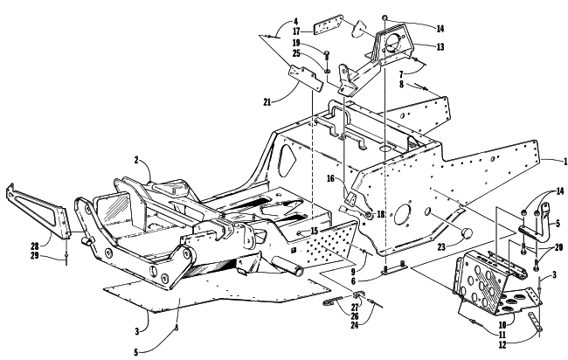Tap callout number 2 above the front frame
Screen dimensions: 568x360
click(x=136, y=160)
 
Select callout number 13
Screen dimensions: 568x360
click(x=440, y=46)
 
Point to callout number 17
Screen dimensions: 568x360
click(x=296, y=31)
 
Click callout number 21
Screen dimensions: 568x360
click(x=267, y=102)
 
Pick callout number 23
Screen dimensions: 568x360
click(x=440, y=247)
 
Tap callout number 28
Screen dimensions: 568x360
click(x=34, y=246)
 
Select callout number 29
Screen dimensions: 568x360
click(x=34, y=255)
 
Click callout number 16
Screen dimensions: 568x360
click(x=330, y=178)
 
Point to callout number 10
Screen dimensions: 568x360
click(x=502, y=324)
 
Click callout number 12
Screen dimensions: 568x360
click(x=502, y=345)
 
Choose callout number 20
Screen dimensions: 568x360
click(x=558, y=247)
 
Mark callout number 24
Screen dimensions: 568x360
click(x=354, y=325)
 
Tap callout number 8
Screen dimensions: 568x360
click(x=401, y=84)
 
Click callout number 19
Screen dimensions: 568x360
click(x=296, y=43)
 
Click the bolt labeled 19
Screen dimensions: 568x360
click(x=327, y=57)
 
